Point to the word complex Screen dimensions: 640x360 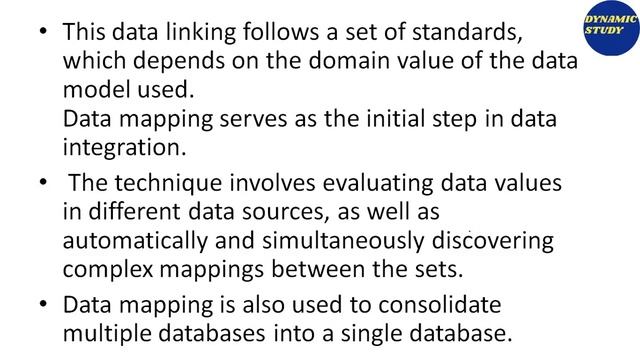click(108, 269)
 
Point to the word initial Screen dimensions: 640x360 click(417, 120)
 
